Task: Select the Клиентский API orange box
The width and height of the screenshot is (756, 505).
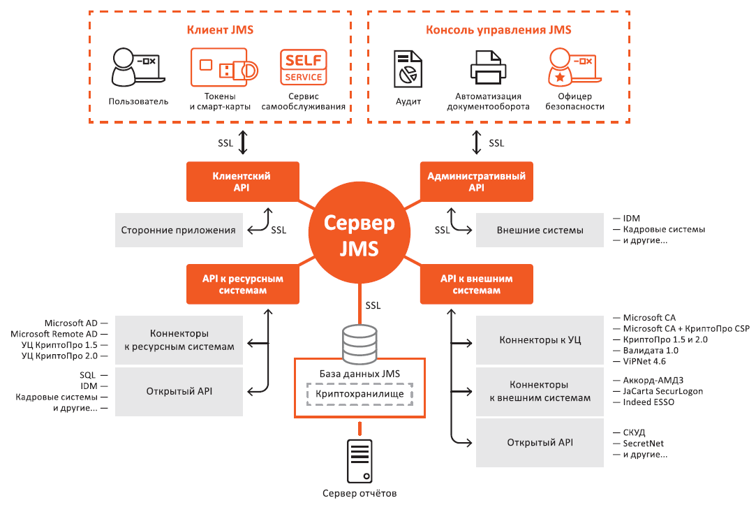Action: [x=242, y=182]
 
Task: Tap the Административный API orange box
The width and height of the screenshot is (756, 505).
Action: [x=476, y=182]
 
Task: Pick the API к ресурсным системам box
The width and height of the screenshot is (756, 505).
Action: [x=244, y=284]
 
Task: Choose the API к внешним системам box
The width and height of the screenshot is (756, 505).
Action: [x=476, y=284]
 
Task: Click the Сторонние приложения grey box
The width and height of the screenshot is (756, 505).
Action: [x=179, y=230]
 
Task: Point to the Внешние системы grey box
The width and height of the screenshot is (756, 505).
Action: [x=540, y=230]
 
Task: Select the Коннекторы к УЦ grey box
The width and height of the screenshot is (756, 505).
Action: [x=540, y=340]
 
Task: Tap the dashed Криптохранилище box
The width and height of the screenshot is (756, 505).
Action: [x=360, y=395]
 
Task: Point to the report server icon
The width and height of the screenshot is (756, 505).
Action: [x=360, y=460]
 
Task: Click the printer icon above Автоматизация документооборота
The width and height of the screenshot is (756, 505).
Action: [x=489, y=68]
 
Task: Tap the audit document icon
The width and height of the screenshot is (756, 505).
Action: [x=408, y=68]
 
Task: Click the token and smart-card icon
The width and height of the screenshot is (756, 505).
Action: [x=223, y=68]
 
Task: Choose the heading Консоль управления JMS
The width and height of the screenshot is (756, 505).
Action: [x=498, y=30]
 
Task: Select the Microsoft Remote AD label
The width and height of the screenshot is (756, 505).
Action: [x=54, y=334]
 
